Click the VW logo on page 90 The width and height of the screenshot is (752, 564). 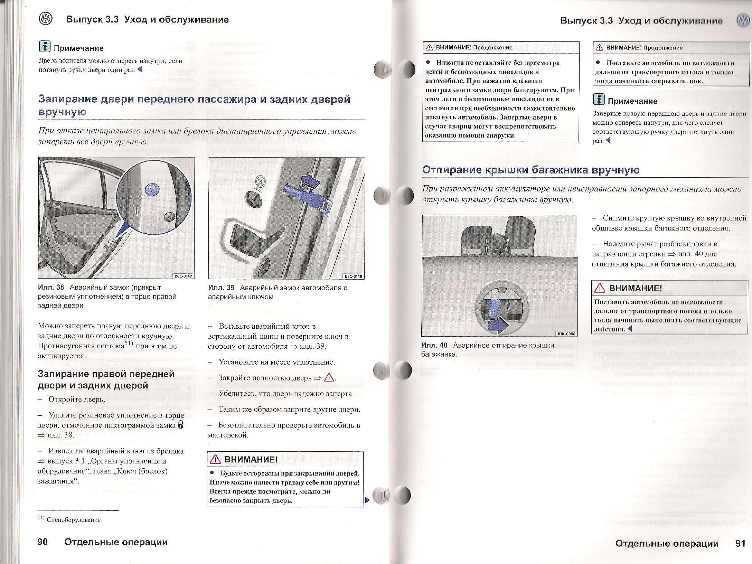pos(46,19)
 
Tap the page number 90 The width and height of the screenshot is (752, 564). pos(43,542)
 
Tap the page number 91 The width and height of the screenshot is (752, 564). pos(740,543)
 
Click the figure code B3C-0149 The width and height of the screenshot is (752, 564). pos(183,276)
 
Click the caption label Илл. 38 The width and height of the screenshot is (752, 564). pos(51,288)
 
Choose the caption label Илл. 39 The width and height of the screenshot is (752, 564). pos(221,288)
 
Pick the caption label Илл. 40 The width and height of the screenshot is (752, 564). pos(434,345)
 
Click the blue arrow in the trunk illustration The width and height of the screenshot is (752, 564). pos(498,326)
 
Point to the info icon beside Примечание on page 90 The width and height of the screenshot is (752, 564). pos(45,47)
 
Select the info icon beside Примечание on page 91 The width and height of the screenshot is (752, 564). pos(599,100)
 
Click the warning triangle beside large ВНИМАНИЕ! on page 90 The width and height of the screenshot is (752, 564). pos(215,459)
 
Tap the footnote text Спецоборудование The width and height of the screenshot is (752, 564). pos(73,520)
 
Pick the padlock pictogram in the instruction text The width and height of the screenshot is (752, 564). pos(180,425)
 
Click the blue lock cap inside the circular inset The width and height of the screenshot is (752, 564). pos(152,189)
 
